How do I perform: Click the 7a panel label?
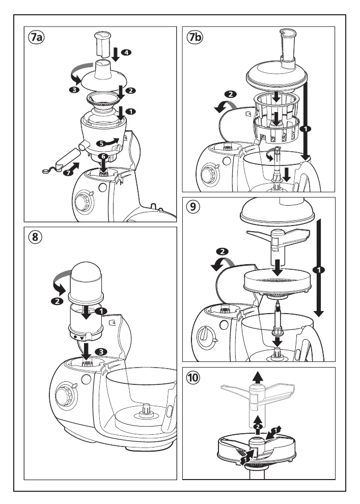point(37,38)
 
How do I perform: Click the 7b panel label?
point(195,38)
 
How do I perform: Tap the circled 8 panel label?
point(36,237)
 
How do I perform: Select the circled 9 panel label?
point(193,208)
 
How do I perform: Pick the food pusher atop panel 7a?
point(103,45)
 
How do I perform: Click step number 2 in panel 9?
point(222,251)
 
